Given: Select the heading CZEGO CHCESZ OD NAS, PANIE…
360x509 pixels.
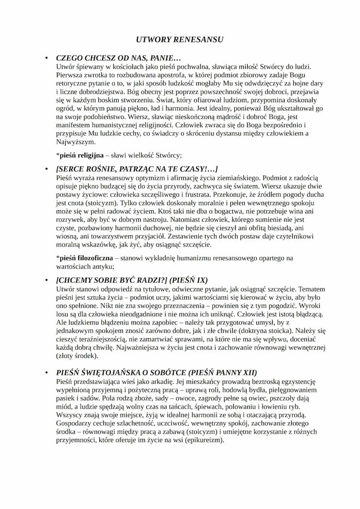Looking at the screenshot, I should [x=118, y=58].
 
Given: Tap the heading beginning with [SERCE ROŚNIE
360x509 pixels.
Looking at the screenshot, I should [x=137, y=169].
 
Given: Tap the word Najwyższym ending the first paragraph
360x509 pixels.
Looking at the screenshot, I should [x=76, y=142].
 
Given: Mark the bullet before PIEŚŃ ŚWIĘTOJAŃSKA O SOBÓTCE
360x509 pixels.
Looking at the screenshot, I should [x=47, y=373].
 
